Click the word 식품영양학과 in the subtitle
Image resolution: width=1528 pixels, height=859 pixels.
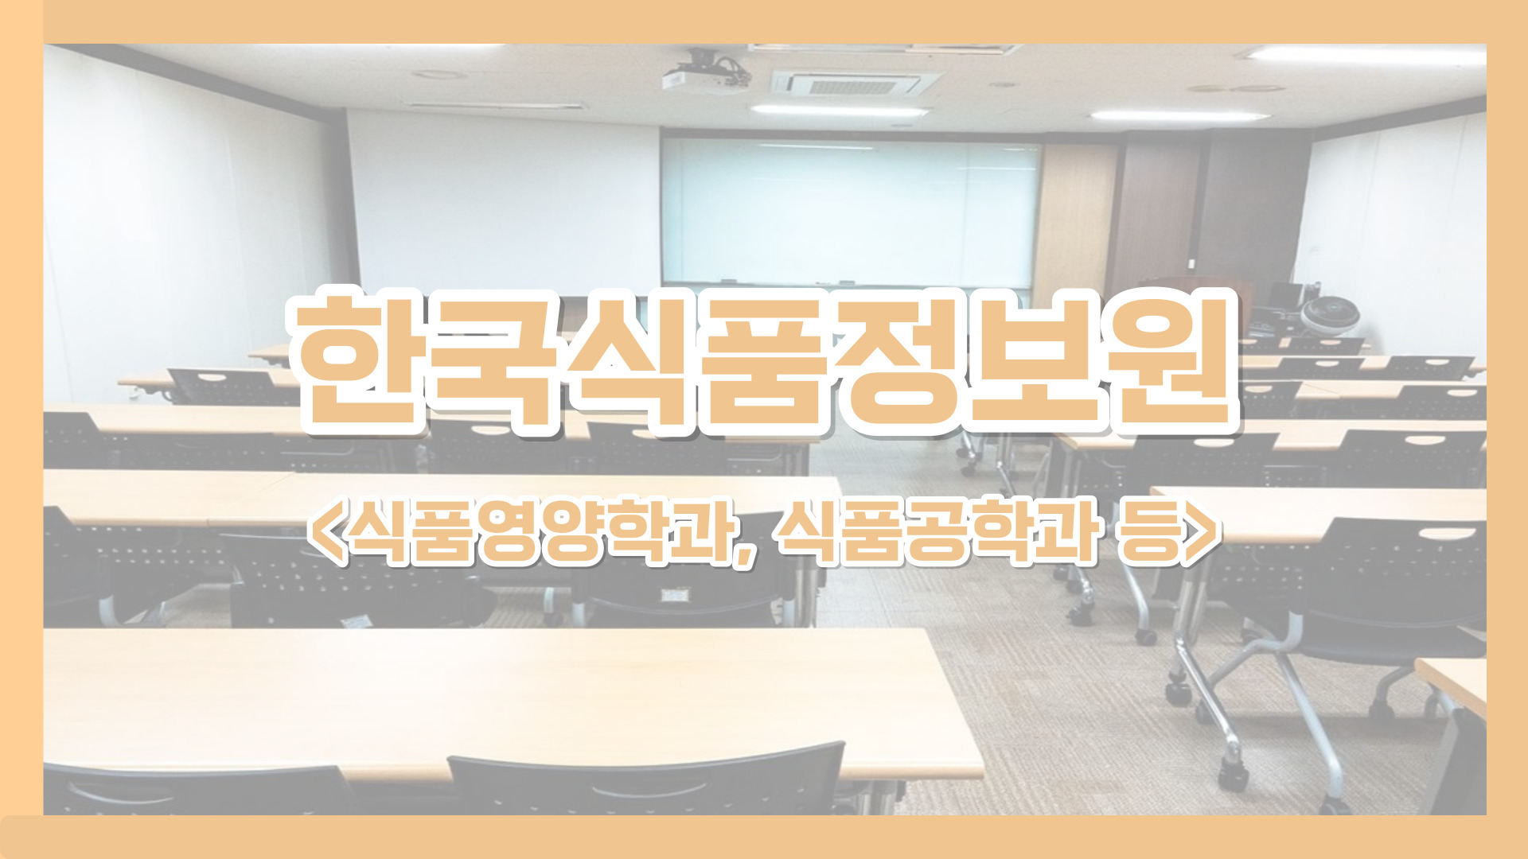pyautogui.click(x=541, y=531)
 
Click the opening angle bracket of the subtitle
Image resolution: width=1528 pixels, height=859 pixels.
pyautogui.click(x=325, y=531)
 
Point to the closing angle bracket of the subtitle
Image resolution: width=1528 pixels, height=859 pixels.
pyautogui.click(x=1202, y=531)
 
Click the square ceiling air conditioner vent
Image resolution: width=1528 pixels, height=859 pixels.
pyautogui.click(x=856, y=83)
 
